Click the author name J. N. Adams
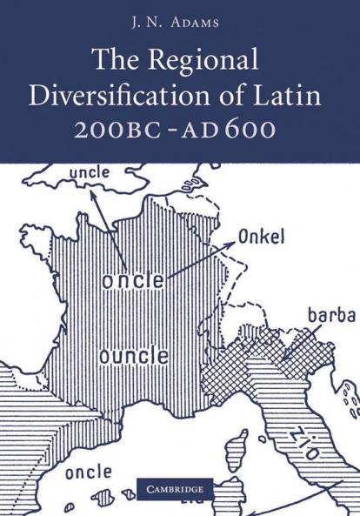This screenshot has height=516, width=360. pos(180,21)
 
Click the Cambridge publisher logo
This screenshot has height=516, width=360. pos(180,490)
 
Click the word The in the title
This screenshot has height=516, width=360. pos(116,61)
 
